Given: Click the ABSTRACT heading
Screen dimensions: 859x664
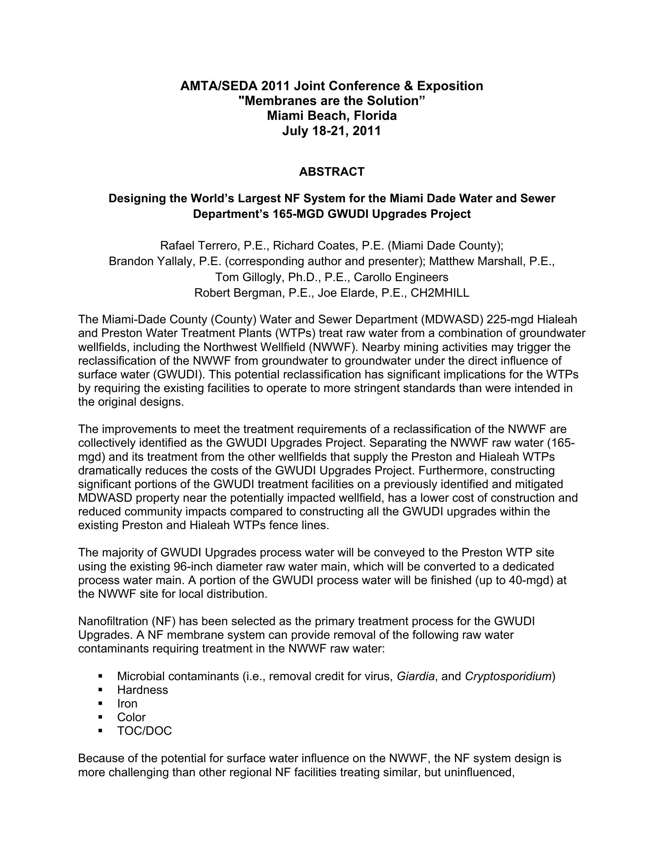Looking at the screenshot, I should [x=332, y=172].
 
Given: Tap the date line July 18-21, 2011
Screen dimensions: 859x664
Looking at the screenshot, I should [x=332, y=131].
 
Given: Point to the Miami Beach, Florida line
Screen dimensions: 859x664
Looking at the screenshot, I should [x=332, y=116].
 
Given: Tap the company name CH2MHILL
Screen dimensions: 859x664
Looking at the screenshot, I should [x=440, y=293].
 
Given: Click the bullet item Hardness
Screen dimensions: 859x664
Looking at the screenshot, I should [x=143, y=690].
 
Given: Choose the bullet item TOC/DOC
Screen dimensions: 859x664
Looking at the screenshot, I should [x=145, y=731].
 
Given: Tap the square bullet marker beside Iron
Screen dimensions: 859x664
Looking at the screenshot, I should [x=100, y=704].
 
